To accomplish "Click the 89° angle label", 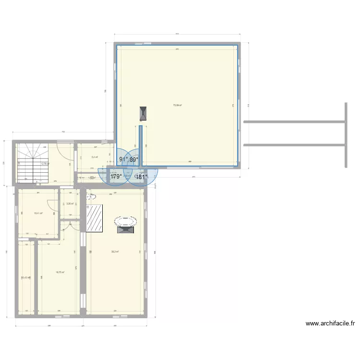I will pyautogui.click(x=134, y=160).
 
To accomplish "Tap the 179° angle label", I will pyautogui.click(x=116, y=177).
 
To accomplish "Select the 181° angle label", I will pyautogui.click(x=141, y=177).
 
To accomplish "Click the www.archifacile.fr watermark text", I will pyautogui.click(x=330, y=324).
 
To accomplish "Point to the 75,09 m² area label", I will pyautogui.click(x=177, y=106).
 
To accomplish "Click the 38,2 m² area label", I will pyautogui.click(x=115, y=252).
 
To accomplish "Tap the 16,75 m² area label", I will pyautogui.click(x=60, y=272).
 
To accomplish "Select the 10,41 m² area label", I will pyautogui.click(x=38, y=213).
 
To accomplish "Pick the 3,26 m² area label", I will pyautogui.click(x=70, y=204).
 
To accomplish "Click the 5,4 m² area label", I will pyautogui.click(x=95, y=157).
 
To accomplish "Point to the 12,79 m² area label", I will pyautogui.click(x=45, y=163).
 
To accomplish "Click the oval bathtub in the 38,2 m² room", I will pyautogui.click(x=126, y=222).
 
